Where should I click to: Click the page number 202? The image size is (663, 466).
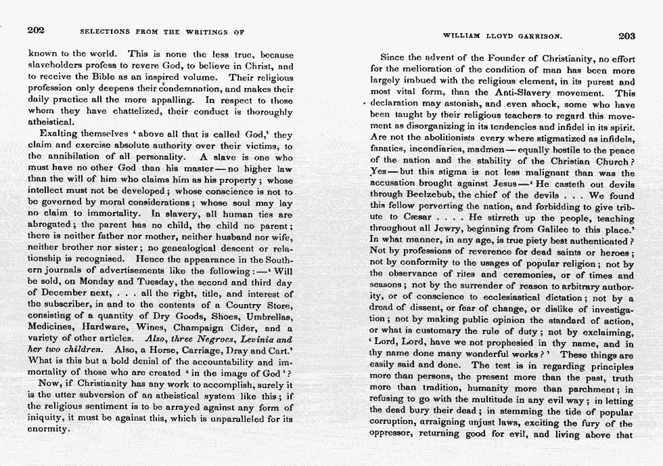coord(37,30)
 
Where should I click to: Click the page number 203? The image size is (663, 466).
coord(626,36)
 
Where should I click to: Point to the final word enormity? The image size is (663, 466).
coord(48,429)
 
